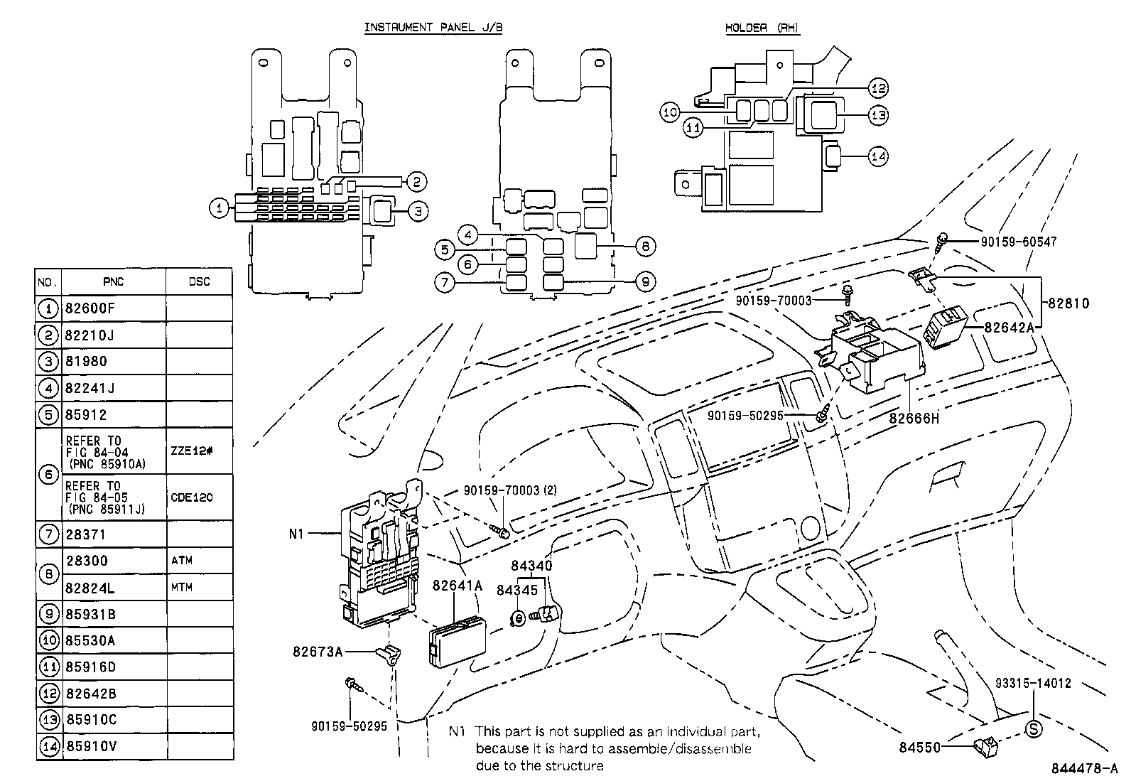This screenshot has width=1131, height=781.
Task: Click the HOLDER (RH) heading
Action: [x=762, y=28]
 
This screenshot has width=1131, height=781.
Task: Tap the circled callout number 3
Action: [x=418, y=210]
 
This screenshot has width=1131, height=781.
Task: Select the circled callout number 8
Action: [x=645, y=247]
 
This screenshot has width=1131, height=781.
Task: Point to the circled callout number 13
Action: [x=879, y=115]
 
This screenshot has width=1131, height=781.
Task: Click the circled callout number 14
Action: [x=879, y=156]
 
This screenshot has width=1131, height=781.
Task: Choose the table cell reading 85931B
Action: [x=91, y=614]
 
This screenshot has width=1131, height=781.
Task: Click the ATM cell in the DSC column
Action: [x=182, y=561]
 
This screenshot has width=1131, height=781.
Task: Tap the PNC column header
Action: [x=114, y=281]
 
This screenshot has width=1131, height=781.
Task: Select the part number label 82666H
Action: [x=914, y=419]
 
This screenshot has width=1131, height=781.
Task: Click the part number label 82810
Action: [x=1068, y=303]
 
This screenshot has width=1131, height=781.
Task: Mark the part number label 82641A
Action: [x=458, y=586]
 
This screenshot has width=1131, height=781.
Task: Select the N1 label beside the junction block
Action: [x=297, y=533]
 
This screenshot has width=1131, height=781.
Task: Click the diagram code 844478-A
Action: [x=1086, y=769]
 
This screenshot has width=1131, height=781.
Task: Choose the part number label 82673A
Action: [x=318, y=651]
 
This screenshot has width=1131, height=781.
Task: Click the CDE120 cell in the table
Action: [x=192, y=498]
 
